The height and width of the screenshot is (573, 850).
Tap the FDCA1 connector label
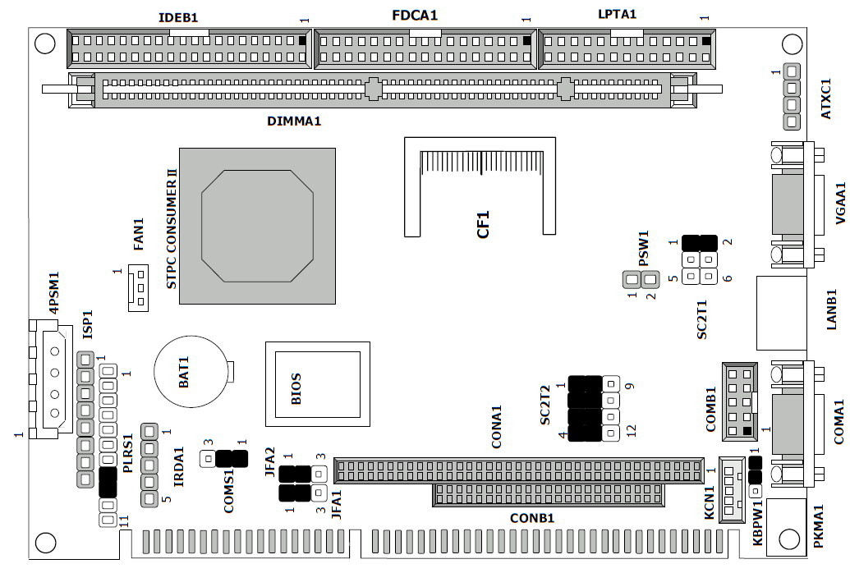(414, 16)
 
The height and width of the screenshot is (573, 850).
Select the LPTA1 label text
(618, 14)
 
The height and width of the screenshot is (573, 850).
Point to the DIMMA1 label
(293, 121)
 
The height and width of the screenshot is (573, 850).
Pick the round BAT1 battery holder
(191, 370)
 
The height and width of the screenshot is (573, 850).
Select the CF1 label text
(484, 223)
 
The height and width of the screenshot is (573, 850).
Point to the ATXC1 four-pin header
(792, 96)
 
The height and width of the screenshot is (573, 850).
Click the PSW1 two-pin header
(641, 279)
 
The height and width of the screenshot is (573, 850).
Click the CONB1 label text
(532, 518)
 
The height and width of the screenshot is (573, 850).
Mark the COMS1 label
(229, 491)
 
